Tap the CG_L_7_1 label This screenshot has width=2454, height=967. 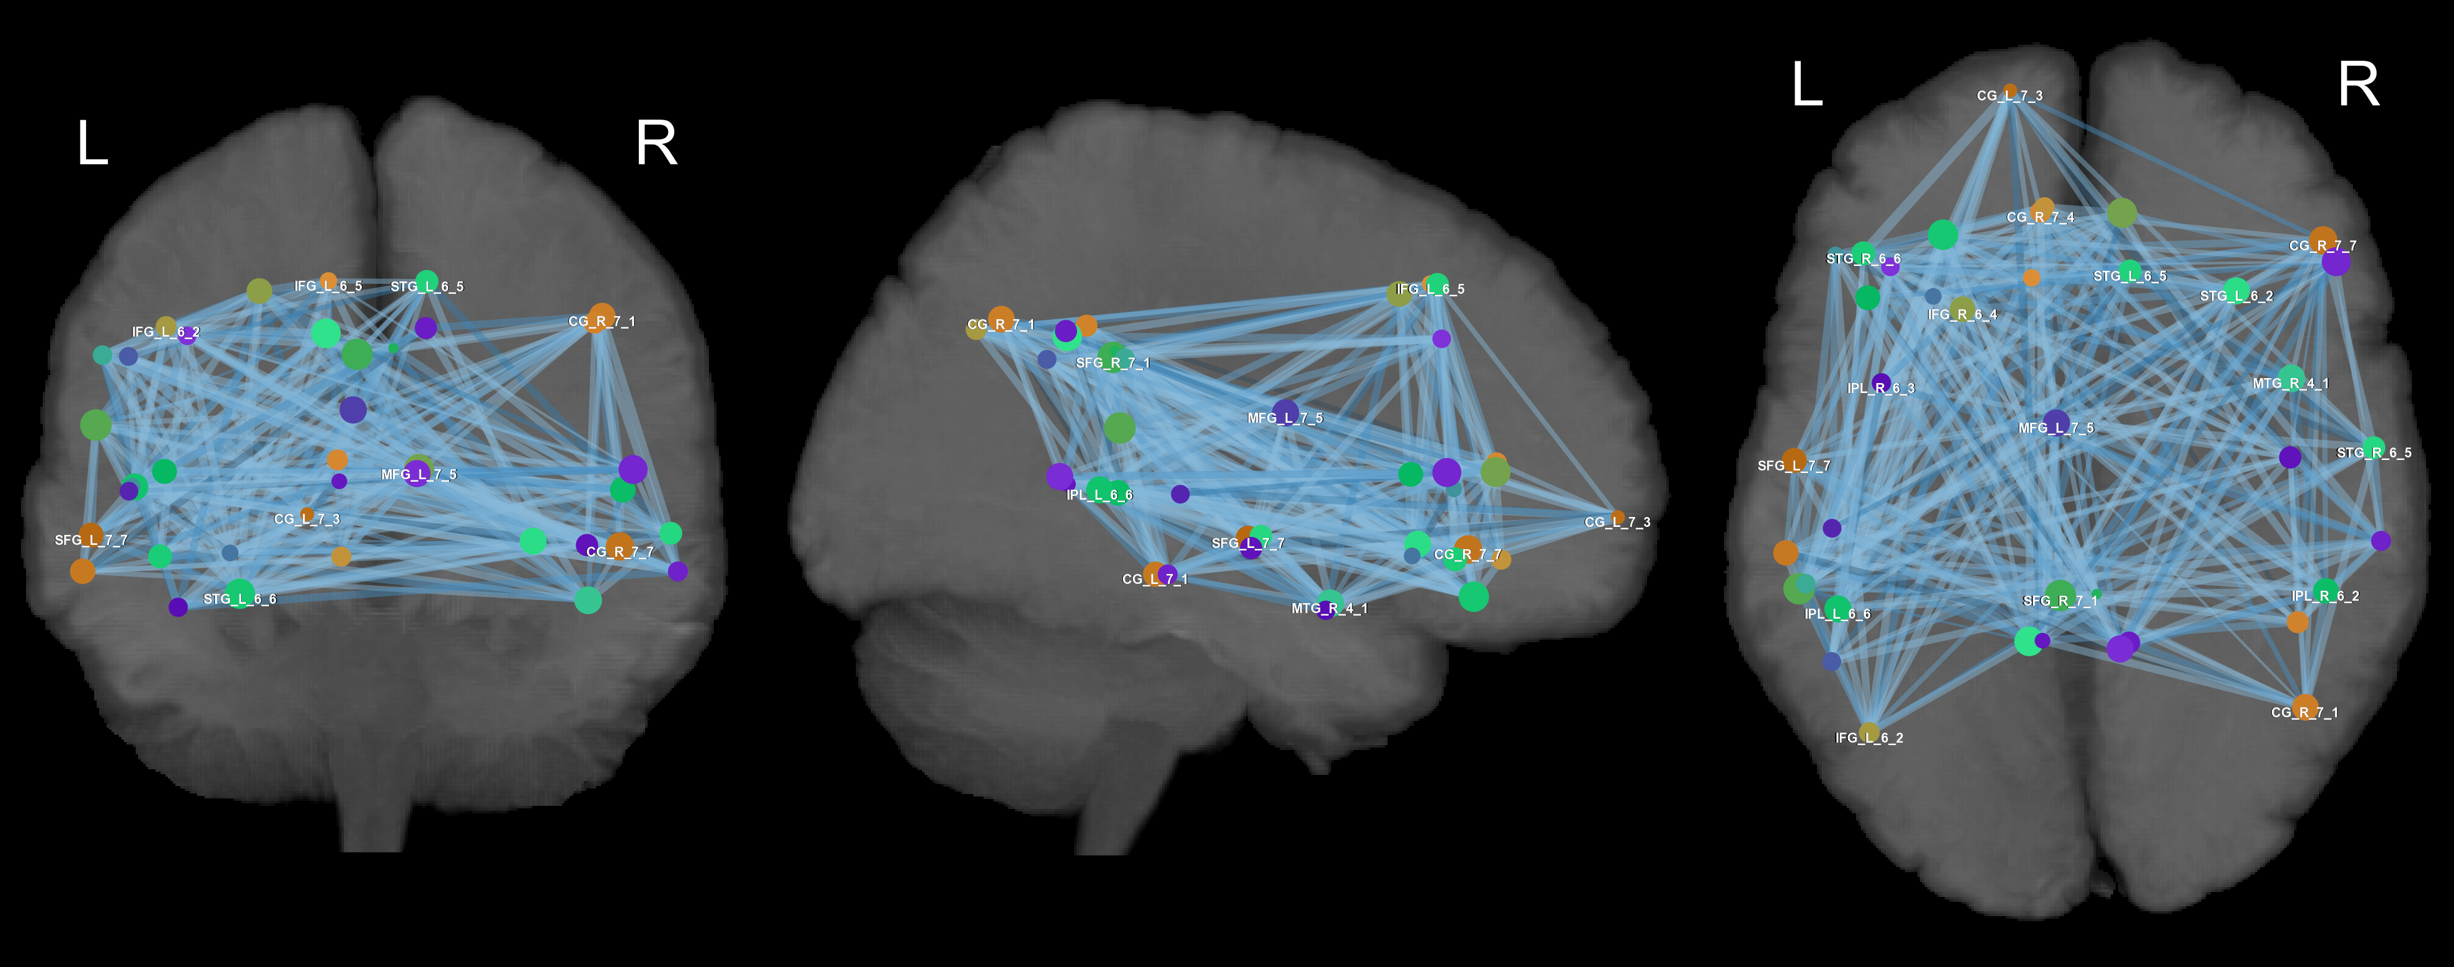pos(1154,579)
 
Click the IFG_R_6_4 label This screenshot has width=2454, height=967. pos(1961,314)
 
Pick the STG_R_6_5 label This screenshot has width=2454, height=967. pos(2374,453)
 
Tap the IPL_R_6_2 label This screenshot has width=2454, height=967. pos(2325,596)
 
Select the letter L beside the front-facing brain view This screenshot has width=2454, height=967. pos(92,144)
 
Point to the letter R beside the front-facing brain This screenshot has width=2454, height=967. pos(656,144)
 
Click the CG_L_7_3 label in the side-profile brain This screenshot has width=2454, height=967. pos(1617,522)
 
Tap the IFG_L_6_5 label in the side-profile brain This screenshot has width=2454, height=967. pos(1430,289)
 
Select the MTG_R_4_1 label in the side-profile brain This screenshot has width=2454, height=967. pos(1329,609)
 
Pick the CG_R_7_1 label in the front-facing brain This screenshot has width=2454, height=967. pos(601,322)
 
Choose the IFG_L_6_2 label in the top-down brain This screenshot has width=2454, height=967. pos(1869,738)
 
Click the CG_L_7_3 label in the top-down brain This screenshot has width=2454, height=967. pos(2009,96)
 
